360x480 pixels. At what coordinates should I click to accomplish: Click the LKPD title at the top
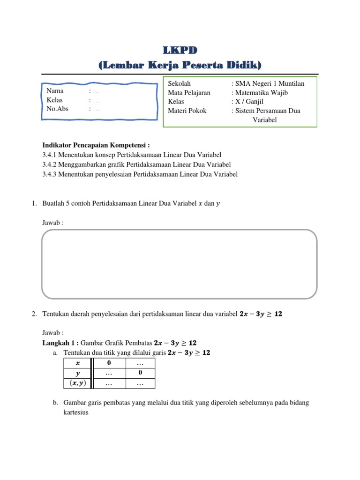tap(180, 50)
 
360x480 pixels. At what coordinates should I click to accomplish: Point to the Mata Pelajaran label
tap(189, 93)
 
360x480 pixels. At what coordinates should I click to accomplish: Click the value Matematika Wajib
tap(261, 93)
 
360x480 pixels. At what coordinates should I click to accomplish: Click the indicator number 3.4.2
tap(49, 165)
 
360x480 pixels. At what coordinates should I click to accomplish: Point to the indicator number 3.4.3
tap(49, 174)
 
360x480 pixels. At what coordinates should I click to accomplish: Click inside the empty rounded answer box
tap(180, 264)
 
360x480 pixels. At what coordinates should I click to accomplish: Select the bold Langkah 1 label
tap(60, 343)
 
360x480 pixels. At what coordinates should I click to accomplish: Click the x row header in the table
tap(78, 363)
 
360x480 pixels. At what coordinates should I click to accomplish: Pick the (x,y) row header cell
tap(78, 383)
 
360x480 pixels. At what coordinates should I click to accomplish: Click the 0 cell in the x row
tap(109, 363)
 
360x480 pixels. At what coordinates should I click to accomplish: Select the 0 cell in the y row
tap(140, 373)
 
